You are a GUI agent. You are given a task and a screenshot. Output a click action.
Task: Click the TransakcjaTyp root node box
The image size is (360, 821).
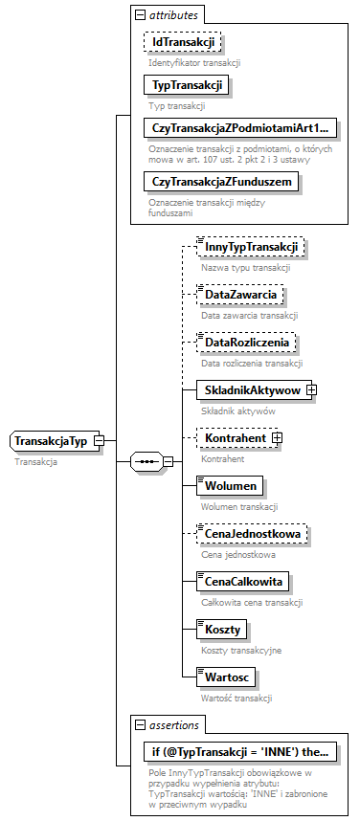(51, 441)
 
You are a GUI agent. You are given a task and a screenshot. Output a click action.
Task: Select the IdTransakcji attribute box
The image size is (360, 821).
(182, 42)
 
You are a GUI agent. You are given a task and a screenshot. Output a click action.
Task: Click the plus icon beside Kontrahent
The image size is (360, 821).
(278, 437)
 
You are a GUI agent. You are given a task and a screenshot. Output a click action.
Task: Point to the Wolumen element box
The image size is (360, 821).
(229, 485)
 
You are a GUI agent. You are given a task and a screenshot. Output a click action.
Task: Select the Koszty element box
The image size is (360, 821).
(221, 629)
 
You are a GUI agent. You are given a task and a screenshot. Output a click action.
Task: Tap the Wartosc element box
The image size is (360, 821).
(225, 677)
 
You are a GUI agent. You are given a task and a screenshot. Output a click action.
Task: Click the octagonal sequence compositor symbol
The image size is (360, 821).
(146, 461)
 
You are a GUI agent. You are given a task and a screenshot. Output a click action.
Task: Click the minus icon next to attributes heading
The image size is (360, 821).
(140, 16)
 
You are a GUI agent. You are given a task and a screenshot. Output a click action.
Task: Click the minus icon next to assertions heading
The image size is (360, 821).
(140, 725)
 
